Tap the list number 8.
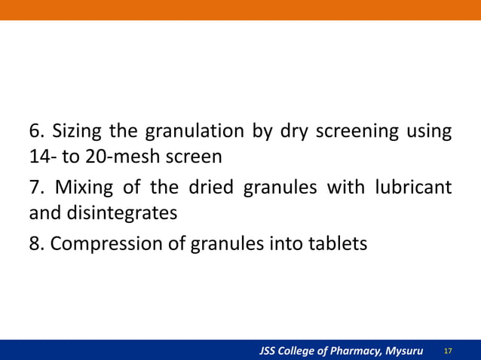tap(35, 244)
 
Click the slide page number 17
tap(448, 351)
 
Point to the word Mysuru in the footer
tap(403, 351)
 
